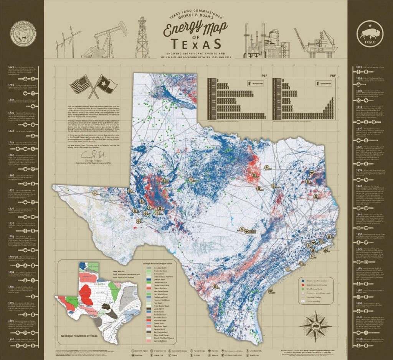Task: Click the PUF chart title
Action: [x=327, y=76]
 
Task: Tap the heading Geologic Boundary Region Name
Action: [x=165, y=264]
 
